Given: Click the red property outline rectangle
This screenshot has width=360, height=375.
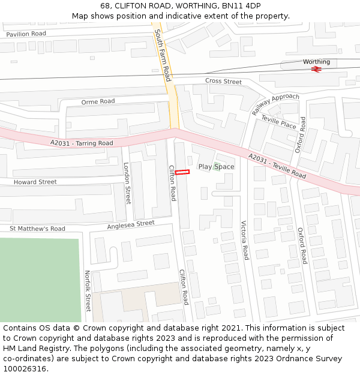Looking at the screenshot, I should [182, 172].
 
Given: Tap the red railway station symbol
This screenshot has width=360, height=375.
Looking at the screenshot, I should [316, 69].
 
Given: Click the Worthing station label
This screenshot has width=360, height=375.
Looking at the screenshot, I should [316, 62].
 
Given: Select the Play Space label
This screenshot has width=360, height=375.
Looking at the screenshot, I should [216, 167].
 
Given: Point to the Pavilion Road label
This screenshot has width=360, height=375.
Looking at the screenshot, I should [26, 34].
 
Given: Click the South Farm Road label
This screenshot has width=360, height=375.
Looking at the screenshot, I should [163, 55].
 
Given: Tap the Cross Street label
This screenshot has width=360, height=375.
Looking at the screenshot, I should [223, 81].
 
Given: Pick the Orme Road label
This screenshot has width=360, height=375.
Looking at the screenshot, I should [98, 101].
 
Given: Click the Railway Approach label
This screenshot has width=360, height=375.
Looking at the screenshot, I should [275, 104].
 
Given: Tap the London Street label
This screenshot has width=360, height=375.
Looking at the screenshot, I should [127, 183].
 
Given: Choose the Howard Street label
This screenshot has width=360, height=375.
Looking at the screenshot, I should [35, 182].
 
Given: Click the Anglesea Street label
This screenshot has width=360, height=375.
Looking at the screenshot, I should [131, 224].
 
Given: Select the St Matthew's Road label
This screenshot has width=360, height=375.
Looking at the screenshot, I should [37, 229].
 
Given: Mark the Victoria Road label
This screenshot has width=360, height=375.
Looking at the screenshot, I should [245, 240].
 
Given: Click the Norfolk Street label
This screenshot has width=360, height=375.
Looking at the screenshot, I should [88, 291].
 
